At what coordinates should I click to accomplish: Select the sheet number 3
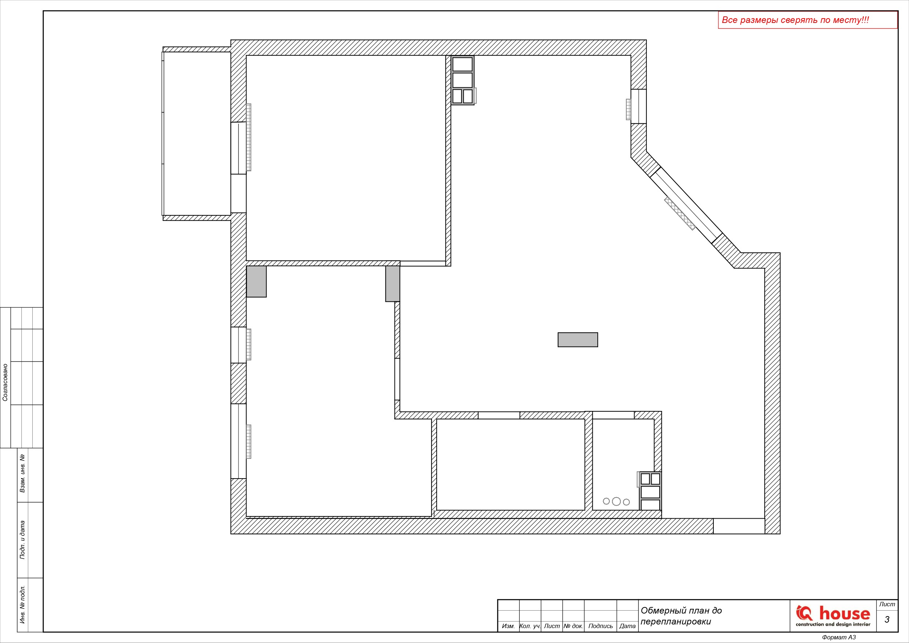pos(887,620)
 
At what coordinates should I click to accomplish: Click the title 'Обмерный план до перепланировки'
pos(681,616)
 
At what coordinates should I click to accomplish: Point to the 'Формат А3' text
pos(839,637)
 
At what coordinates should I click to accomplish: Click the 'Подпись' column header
pos(601,626)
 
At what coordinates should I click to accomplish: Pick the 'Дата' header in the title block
pos(628,626)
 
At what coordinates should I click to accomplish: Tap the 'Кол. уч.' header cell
pos(530,626)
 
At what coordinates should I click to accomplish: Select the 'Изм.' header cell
pos(508,626)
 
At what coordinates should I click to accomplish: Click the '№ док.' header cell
pos(573,626)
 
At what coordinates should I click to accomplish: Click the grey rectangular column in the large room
pos(578,340)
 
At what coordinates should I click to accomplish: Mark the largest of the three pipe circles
pos(616,501)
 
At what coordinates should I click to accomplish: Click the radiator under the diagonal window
pos(680,213)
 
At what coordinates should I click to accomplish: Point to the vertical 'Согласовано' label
pos(5,383)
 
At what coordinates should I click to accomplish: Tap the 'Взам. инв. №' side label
pos(23,473)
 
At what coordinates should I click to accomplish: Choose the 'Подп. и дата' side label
pos(23,540)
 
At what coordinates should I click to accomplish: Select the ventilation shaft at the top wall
pos(462,80)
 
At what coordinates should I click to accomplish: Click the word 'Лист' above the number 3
pos(887,604)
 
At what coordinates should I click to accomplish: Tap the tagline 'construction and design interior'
pos(833,624)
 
